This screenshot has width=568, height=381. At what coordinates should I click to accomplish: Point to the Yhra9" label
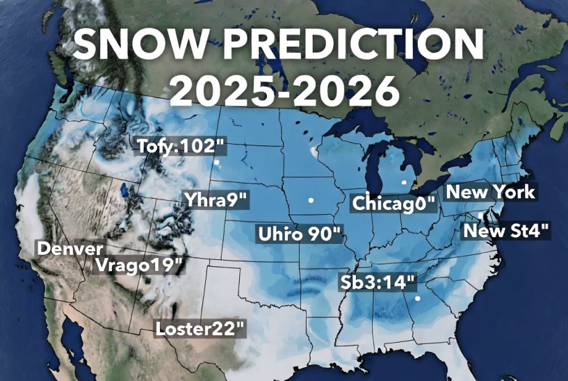[x=216, y=200]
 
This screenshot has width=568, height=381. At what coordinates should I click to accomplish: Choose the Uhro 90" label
[x=300, y=233]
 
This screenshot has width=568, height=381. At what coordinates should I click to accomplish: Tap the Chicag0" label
[x=394, y=204]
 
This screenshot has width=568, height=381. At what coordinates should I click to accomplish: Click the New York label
[x=490, y=191]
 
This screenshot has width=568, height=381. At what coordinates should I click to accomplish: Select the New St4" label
[x=507, y=230]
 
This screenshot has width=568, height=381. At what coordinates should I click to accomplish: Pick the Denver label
[x=70, y=248]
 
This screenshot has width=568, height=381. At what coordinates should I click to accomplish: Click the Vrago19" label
[x=140, y=265]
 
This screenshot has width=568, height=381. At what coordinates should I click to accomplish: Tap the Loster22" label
[x=201, y=328]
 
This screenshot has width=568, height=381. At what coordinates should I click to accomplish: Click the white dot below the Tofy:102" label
[x=217, y=163]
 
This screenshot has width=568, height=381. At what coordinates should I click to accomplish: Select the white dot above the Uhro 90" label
[x=311, y=200]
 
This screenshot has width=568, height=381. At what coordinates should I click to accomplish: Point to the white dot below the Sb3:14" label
[x=417, y=299]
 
